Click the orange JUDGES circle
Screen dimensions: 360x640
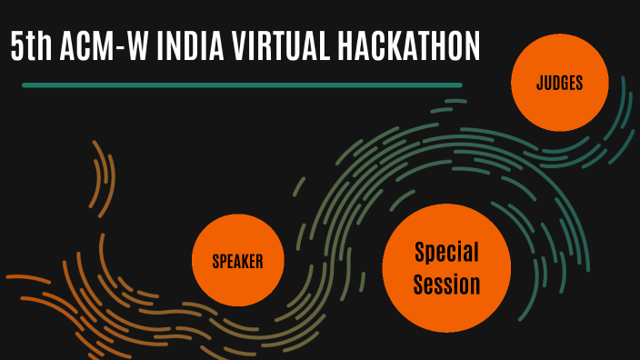click(x=559, y=85)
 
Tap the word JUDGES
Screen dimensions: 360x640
click(x=559, y=85)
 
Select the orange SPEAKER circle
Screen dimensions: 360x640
click(x=237, y=261)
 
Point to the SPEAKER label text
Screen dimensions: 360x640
click(x=237, y=262)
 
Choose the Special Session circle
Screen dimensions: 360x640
click(x=445, y=267)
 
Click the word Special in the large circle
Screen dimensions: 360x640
click(x=446, y=252)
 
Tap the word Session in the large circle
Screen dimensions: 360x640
click(x=446, y=285)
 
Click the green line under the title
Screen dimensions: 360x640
click(x=241, y=85)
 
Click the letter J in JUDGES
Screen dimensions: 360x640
click(x=539, y=85)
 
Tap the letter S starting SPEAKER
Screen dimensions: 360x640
click(x=215, y=262)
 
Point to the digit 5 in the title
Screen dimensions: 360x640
click(x=17, y=46)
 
